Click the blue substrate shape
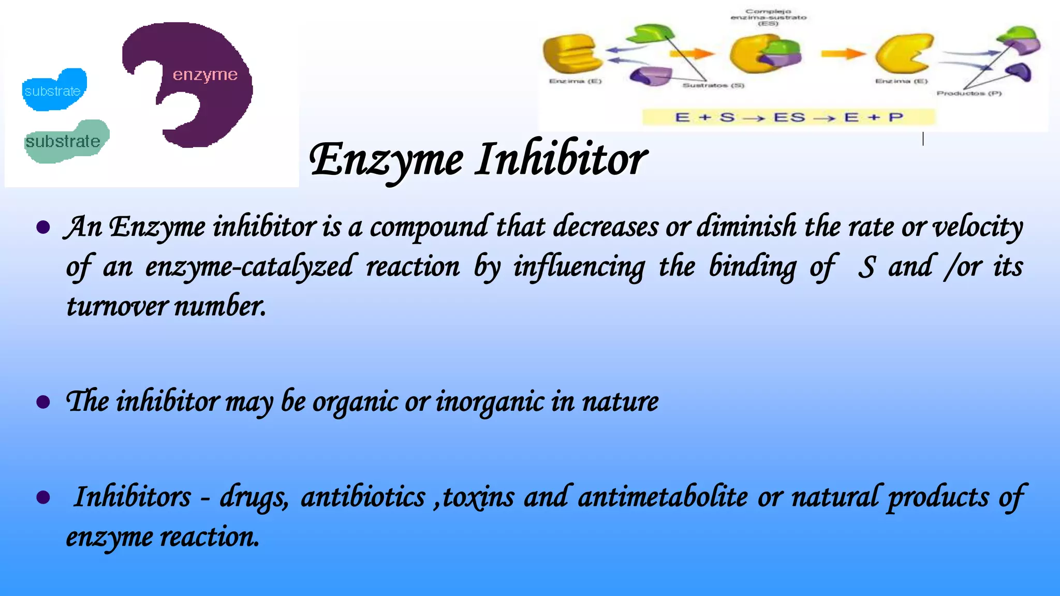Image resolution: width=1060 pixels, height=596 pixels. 54,90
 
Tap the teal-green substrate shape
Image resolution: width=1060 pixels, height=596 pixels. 66,141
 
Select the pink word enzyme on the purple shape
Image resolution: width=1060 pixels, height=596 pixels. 205,75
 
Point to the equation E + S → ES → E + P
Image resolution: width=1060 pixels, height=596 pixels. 789,117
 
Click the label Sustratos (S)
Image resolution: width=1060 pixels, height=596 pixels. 713,85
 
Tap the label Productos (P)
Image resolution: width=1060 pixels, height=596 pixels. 969,94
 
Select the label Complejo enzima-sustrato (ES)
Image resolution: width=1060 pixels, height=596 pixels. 768,17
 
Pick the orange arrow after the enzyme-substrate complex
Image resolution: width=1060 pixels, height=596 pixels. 843,53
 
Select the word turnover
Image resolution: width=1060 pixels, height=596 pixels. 117,306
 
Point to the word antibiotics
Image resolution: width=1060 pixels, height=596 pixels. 363,497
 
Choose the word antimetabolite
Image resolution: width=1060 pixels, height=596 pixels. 662,497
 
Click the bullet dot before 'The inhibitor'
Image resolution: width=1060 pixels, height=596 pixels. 43,402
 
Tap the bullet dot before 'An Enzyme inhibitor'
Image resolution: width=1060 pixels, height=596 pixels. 43,227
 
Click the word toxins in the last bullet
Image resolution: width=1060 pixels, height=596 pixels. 478,497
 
